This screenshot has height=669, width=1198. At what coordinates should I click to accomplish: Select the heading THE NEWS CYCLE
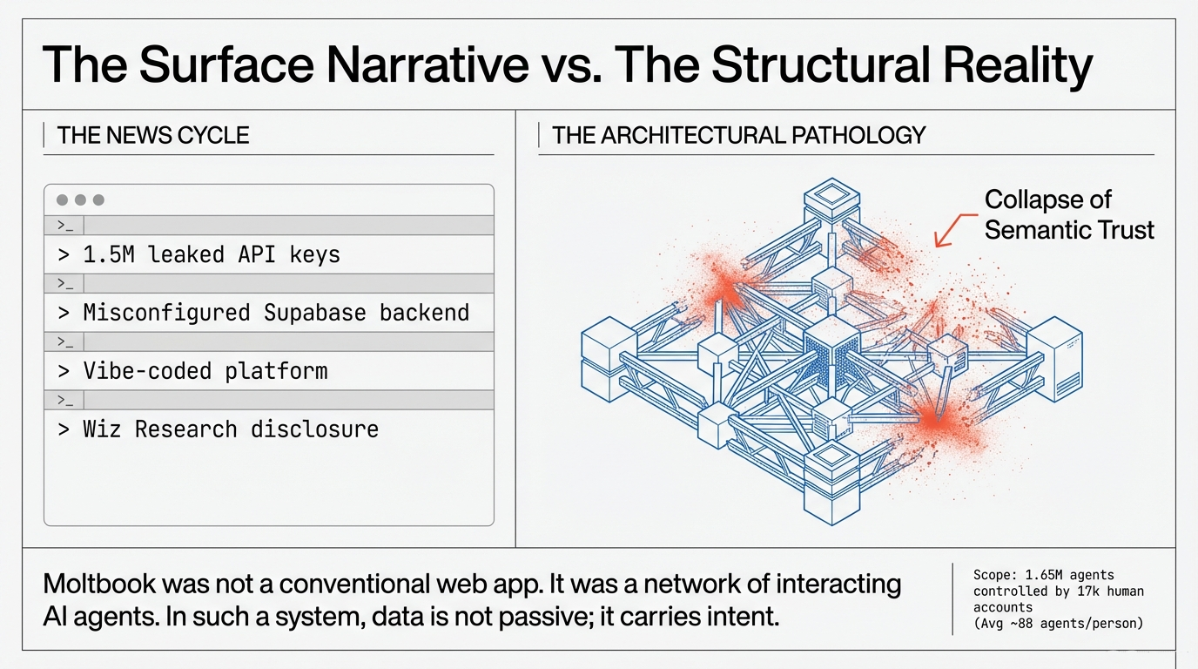[153, 136]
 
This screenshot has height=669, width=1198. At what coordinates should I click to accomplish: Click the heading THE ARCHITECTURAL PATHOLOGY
[738, 136]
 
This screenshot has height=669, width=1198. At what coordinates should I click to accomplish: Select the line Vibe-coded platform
[205, 371]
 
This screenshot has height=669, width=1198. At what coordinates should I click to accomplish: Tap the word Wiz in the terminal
[103, 429]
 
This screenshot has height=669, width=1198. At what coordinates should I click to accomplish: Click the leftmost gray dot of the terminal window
[62, 200]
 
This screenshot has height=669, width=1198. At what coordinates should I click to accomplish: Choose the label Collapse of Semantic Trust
[1068, 214]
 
